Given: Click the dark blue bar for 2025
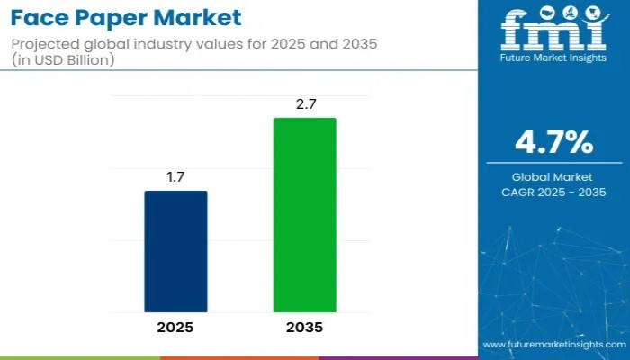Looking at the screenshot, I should [x=175, y=251].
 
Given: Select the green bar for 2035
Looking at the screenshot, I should [x=305, y=215].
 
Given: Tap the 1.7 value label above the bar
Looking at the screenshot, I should [x=175, y=177].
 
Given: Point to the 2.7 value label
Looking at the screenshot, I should [x=305, y=104].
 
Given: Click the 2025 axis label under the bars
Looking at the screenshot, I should [x=175, y=328].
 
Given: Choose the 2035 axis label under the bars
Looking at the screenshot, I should [x=305, y=328].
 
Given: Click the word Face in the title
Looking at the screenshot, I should [x=41, y=17].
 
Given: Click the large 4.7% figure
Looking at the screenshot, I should [x=553, y=142].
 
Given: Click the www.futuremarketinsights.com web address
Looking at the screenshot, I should [x=553, y=345].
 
